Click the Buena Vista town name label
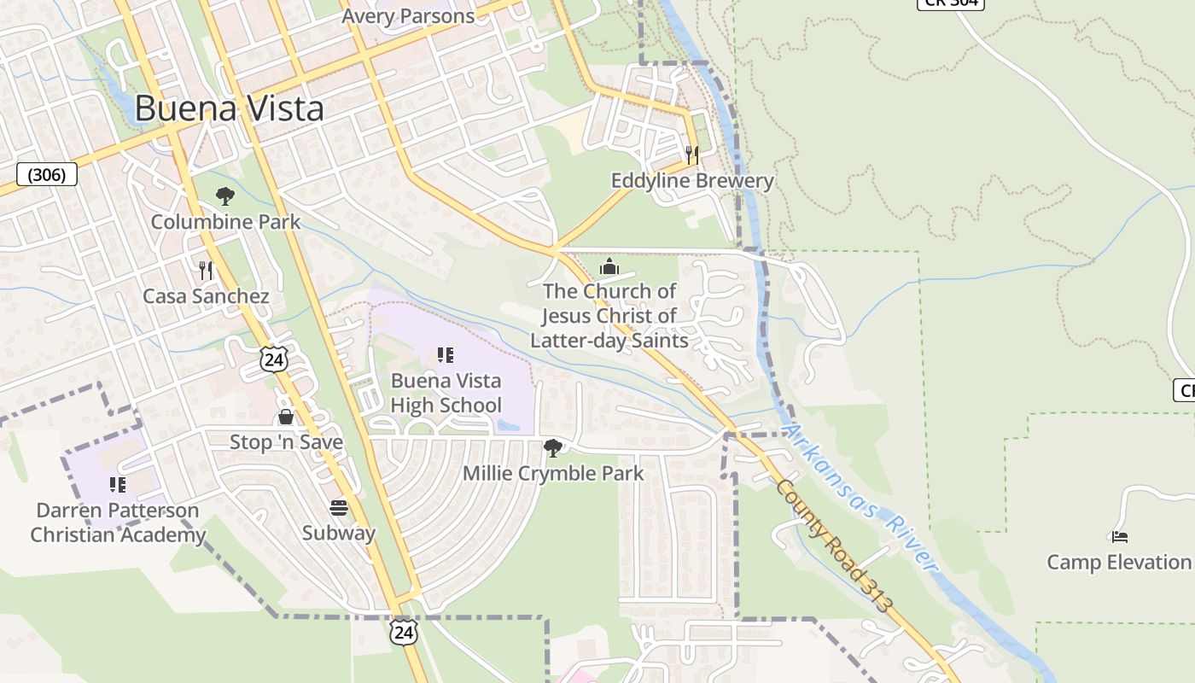coord(230,108)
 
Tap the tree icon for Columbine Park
coord(225,197)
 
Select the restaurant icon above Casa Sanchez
coord(206,271)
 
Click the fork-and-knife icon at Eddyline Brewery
coord(692,155)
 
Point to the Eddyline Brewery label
coord(692,181)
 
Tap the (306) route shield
coord(47,175)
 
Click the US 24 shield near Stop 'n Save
coord(274,359)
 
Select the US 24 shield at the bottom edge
coord(404,632)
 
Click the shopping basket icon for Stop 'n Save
coord(286,417)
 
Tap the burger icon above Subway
coord(339,508)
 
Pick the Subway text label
coord(339,534)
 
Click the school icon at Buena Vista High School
coord(445,355)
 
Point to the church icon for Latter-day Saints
coord(609,266)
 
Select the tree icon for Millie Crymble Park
coord(553,447)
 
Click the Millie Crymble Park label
coord(553,473)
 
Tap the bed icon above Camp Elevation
coord(1119,537)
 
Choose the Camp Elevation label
coord(1118,563)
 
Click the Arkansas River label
coord(862,498)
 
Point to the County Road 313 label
coord(834,545)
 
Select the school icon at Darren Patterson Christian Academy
coord(118,485)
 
